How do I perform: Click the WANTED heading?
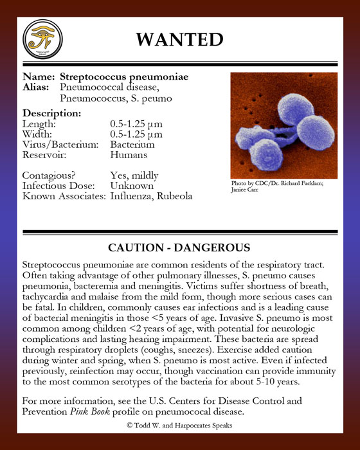[179, 39]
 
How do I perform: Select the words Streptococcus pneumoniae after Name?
[124, 77]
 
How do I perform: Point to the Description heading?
[51, 113]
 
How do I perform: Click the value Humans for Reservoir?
[129, 155]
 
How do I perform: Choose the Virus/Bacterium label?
[60, 145]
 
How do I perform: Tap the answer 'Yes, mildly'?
[134, 175]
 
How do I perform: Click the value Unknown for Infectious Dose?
[132, 186]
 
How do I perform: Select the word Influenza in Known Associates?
[132, 196]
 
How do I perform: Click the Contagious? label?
[50, 175]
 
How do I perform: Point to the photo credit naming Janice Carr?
[244, 191]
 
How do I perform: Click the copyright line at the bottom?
[179, 426]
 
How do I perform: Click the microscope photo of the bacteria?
[283, 125]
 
